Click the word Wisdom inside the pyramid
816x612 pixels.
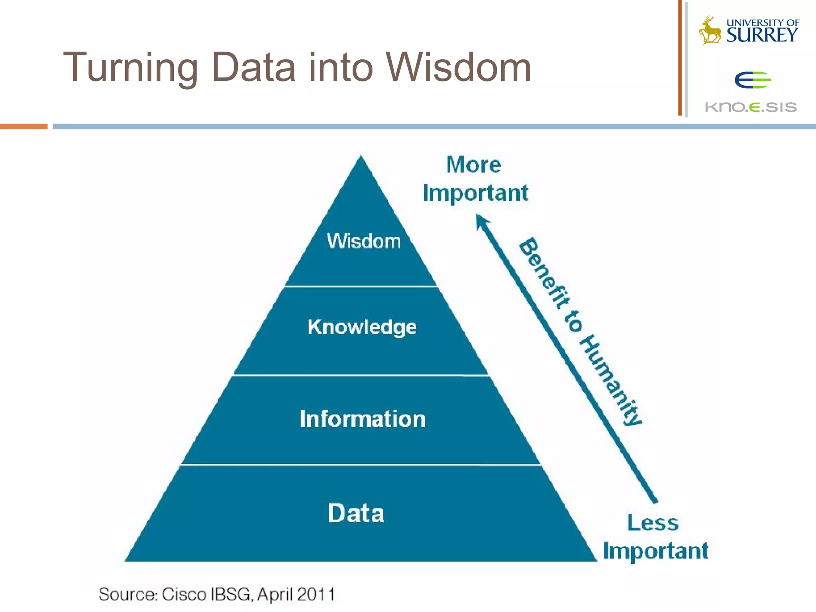click(363, 241)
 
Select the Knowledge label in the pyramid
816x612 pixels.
click(362, 328)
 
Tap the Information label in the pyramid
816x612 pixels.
click(363, 419)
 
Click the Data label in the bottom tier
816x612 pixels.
click(356, 513)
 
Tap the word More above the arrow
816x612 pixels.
click(473, 165)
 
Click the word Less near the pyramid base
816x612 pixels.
click(653, 523)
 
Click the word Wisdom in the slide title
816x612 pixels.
click(458, 68)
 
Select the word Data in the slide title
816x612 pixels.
click(253, 68)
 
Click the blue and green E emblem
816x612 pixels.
click(752, 80)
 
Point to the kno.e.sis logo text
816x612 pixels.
click(751, 107)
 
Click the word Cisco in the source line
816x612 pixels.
click(184, 594)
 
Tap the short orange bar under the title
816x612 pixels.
click(24, 126)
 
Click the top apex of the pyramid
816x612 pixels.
click(361, 157)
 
